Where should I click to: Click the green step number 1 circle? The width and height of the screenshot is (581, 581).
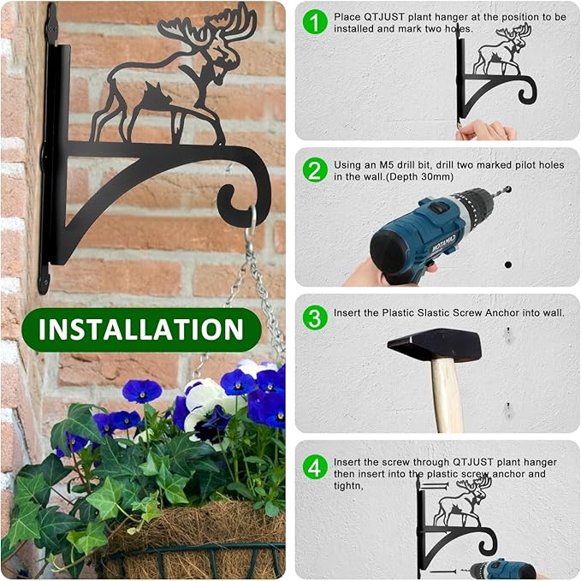click(x=315, y=21)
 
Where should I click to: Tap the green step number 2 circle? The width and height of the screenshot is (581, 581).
click(x=315, y=169)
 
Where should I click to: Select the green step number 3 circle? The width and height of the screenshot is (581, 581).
click(x=315, y=317)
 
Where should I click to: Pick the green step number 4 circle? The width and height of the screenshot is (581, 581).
click(x=315, y=466)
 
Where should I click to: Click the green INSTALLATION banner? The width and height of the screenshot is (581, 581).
click(x=141, y=329)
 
